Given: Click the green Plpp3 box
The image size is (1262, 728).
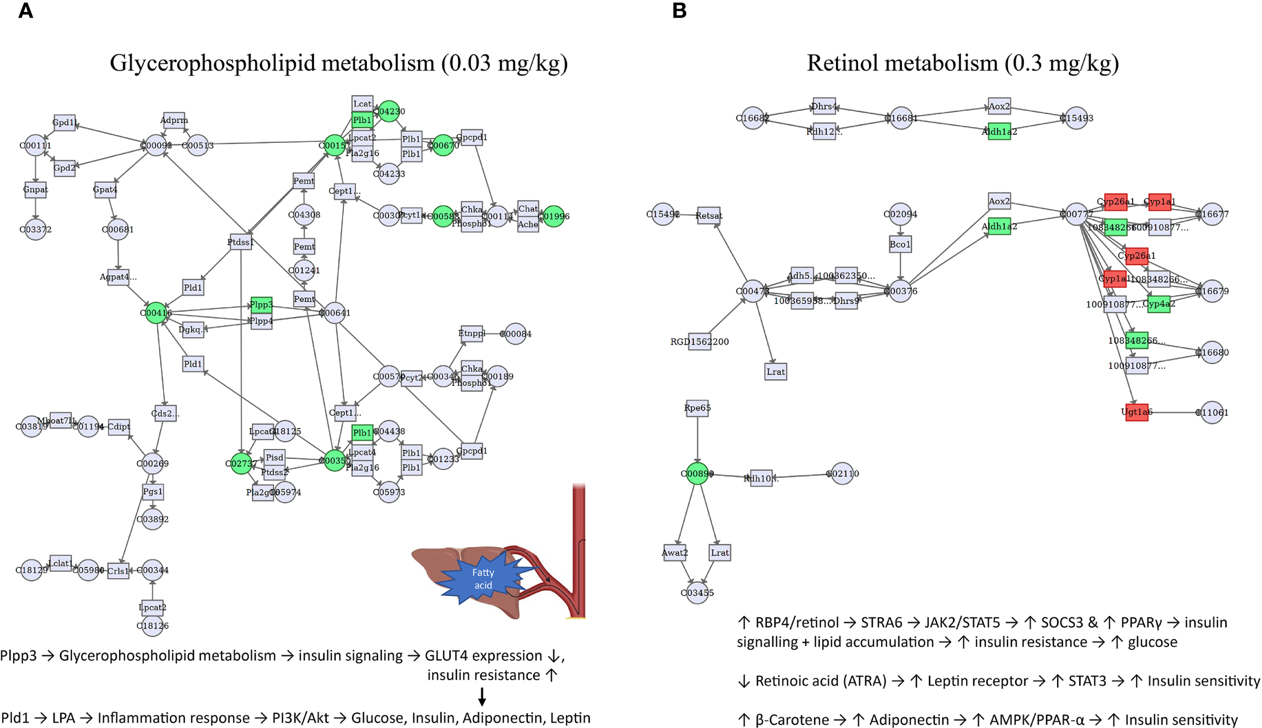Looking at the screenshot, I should click(x=261, y=304).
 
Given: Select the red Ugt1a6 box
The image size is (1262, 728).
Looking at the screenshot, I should click(x=1136, y=412).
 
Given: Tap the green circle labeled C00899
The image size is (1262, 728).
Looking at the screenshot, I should click(x=697, y=473).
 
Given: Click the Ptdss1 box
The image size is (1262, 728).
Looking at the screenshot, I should click(x=240, y=242).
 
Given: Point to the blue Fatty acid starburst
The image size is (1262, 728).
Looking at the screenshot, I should click(x=483, y=579).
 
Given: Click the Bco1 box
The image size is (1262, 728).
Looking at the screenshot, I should click(x=900, y=244).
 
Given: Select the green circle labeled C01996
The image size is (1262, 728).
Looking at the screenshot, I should click(x=554, y=216).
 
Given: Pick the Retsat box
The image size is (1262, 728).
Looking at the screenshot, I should click(x=708, y=216).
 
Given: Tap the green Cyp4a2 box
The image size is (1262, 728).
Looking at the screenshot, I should click(x=1159, y=304).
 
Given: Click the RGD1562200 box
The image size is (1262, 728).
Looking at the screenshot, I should click(x=699, y=342).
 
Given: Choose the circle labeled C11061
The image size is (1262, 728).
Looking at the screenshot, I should click(x=1212, y=412).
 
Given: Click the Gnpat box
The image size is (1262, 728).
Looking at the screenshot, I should click(x=35, y=190).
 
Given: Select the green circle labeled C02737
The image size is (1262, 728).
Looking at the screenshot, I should click(x=241, y=463).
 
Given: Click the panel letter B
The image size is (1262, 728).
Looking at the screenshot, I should click(x=679, y=11).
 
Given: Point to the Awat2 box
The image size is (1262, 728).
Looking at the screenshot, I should click(x=674, y=553).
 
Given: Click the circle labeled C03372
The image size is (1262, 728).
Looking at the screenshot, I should click(x=35, y=229).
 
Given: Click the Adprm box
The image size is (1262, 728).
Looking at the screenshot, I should click(x=174, y=120).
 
